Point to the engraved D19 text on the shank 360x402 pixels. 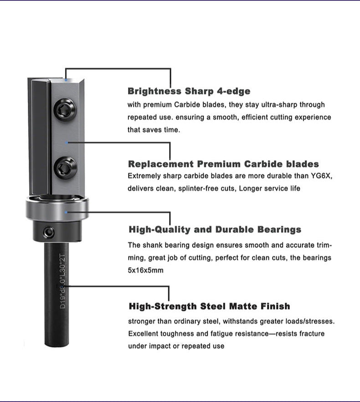click(x=62, y=303)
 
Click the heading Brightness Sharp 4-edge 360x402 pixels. click(x=189, y=91)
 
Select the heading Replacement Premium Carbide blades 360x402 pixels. click(x=223, y=164)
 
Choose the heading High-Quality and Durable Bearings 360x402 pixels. click(x=215, y=229)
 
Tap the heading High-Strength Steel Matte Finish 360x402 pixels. click(x=209, y=306)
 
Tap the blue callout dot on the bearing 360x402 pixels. click(x=67, y=212)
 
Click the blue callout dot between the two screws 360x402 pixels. click(x=67, y=142)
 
